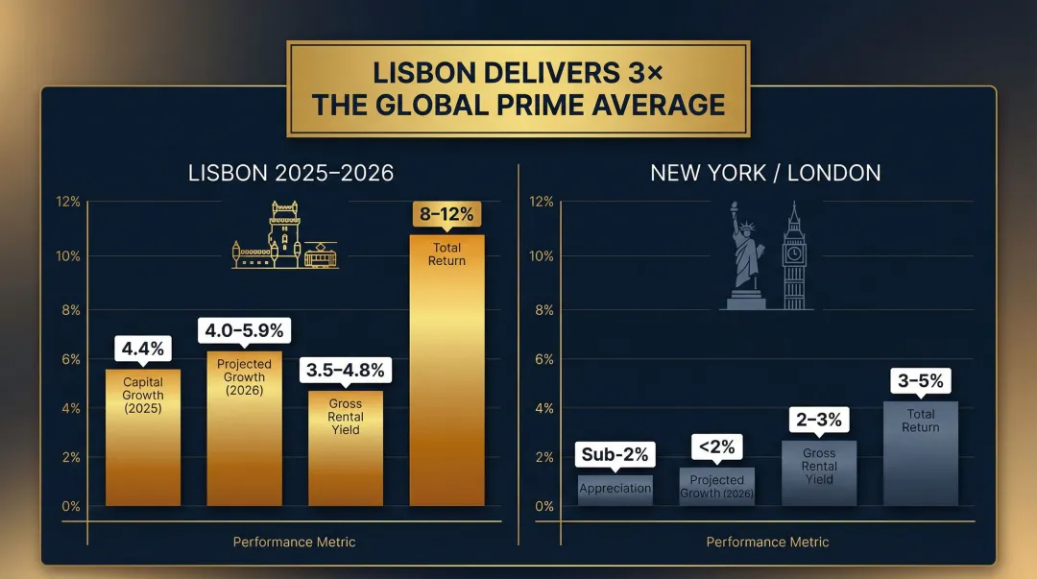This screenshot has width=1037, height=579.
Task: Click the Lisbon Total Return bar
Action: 446,384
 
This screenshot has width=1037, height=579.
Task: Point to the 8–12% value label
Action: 446,214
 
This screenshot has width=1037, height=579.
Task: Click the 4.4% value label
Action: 143,348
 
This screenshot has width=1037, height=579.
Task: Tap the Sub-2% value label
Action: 615,454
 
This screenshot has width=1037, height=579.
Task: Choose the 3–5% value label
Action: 920,380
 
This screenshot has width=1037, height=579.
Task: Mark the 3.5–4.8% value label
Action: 346,370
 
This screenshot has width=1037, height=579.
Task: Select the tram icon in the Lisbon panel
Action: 320,255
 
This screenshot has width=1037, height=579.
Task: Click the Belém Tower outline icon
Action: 274,235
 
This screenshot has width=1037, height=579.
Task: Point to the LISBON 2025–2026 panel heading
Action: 291,174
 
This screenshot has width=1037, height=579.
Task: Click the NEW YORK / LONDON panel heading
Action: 765,174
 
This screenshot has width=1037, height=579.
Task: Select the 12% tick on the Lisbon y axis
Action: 68,203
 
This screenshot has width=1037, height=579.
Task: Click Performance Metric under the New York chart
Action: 767,542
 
